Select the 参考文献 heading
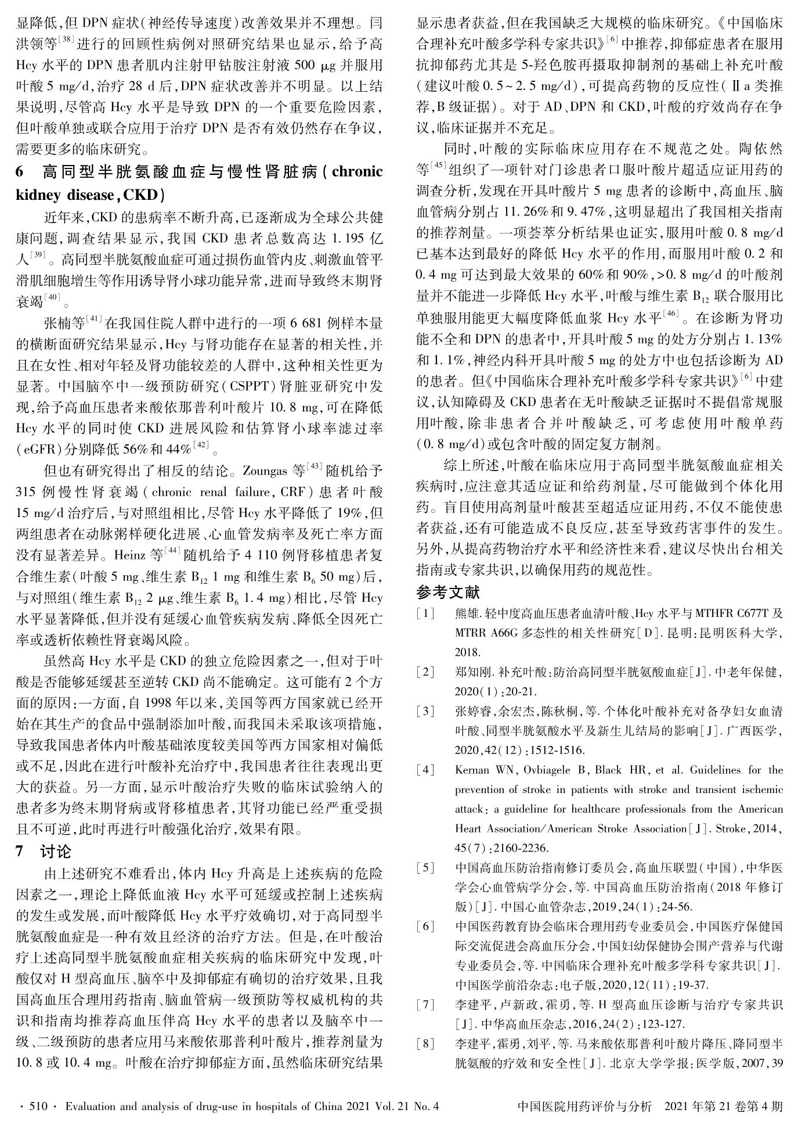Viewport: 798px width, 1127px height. coord(448,593)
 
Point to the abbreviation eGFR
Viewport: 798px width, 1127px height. coord(39,449)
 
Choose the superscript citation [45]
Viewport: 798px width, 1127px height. coord(438,167)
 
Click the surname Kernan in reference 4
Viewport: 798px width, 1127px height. coord(473,770)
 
